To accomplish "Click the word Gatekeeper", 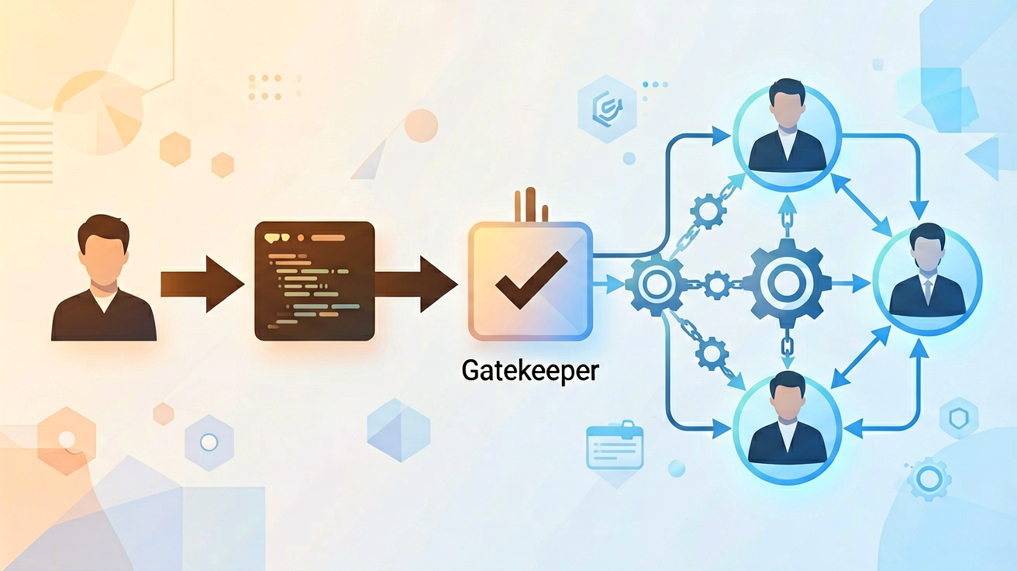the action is (530, 372).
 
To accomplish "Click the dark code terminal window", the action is (315, 281).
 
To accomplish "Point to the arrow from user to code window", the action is (202, 284).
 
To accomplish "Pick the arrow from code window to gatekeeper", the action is (416, 284).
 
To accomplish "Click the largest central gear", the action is (787, 282).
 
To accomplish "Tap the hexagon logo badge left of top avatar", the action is (607, 109).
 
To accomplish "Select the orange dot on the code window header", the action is (301, 237).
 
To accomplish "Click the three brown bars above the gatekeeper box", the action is (531, 206).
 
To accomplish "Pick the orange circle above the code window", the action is (422, 126).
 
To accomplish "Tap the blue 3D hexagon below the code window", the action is (398, 430).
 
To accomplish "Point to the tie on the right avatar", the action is (928, 291).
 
